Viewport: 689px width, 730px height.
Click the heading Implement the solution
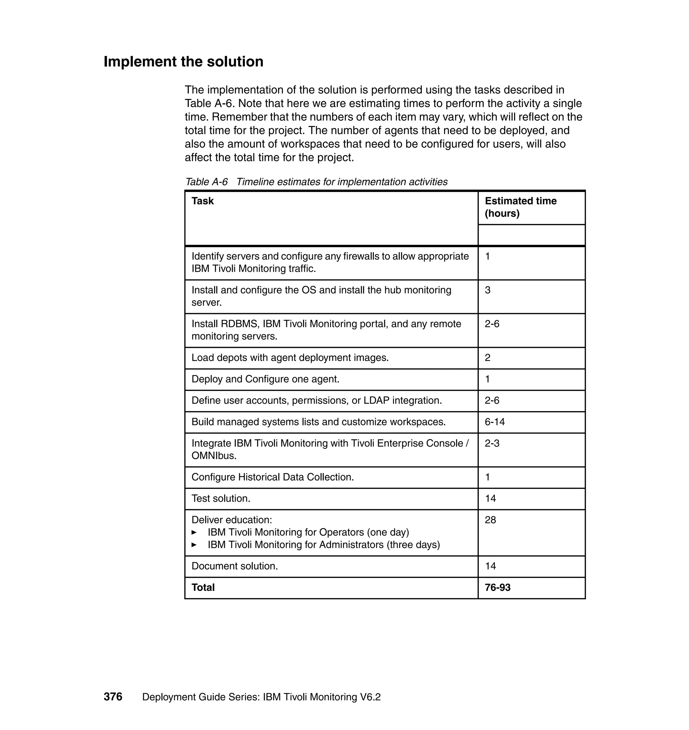click(183, 62)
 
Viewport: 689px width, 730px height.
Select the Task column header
click(203, 201)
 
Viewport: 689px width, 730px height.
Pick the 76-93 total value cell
click(497, 587)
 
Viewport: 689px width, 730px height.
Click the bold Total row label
click(203, 587)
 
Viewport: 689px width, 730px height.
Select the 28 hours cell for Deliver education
click(490, 520)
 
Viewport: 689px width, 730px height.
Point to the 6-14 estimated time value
click(494, 422)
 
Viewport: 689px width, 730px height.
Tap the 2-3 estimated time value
click(492, 443)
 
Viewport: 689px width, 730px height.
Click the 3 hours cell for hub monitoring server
click(487, 290)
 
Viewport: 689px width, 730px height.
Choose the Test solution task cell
click(221, 498)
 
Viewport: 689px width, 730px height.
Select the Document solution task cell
click(235, 566)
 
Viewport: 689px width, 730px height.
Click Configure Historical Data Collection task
click(273, 477)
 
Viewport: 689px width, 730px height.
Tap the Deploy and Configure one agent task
click(265, 379)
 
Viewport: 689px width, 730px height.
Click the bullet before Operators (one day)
click(194, 533)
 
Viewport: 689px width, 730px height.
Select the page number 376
click(113, 697)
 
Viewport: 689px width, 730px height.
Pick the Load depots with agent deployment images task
click(290, 358)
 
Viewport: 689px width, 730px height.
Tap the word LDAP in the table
click(376, 400)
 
